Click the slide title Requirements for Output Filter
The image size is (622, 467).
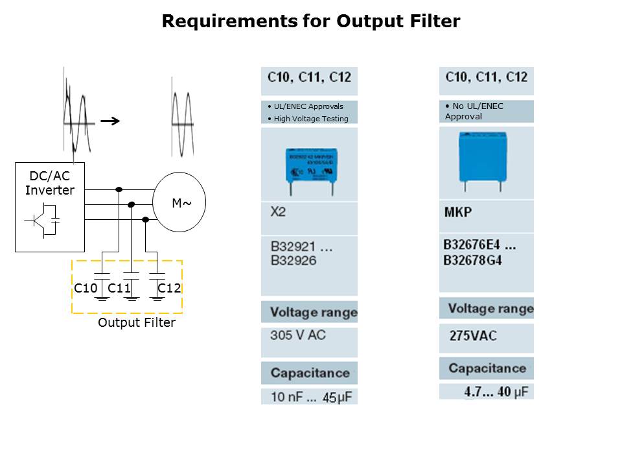coord(311,21)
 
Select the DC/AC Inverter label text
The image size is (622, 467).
coord(50,183)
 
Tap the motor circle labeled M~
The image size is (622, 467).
coord(178,202)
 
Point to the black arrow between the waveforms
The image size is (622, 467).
coord(111,120)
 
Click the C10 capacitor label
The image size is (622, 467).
coord(86,288)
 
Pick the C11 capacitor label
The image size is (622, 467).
coord(120,288)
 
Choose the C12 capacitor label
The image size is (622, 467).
coord(169,288)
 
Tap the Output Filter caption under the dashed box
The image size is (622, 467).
coord(136,322)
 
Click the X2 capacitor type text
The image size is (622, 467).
coord(277,212)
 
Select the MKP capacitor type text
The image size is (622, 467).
coord(458,212)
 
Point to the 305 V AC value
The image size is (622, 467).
coord(297,335)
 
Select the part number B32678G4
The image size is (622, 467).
coord(472,261)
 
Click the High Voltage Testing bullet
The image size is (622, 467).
coord(308,119)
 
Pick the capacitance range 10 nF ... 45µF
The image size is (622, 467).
coord(310,396)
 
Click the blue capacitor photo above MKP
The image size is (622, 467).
coord(482,158)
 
